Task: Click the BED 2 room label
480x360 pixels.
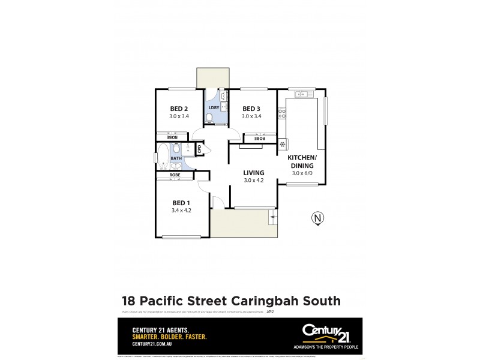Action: point(179,109)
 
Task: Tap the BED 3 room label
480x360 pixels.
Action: point(251,109)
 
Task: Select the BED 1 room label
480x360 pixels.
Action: point(181,202)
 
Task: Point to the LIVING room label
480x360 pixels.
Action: point(254,172)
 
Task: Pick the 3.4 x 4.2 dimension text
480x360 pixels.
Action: point(181,210)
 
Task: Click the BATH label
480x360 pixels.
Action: point(176,158)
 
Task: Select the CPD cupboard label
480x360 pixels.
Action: point(200,148)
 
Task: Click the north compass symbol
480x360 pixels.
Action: point(317,218)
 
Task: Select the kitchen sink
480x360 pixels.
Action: point(302,93)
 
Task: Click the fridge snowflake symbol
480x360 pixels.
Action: point(282,144)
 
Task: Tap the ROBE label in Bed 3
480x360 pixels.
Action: point(259,139)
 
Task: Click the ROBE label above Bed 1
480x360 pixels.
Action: point(175,175)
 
